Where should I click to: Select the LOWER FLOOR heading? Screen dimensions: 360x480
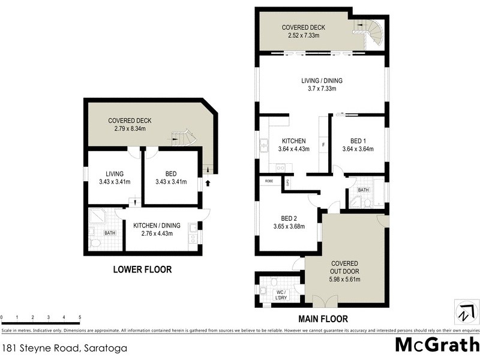(x=142, y=270)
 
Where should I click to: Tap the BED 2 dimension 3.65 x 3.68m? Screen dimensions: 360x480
(x=285, y=227)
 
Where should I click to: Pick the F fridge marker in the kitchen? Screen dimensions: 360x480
(x=324, y=145)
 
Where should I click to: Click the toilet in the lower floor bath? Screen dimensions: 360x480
(x=94, y=243)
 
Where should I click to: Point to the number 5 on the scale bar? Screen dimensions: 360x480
(x=79, y=318)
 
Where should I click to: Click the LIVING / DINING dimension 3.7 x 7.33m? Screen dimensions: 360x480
(x=319, y=88)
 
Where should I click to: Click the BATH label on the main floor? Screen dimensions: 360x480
(x=363, y=190)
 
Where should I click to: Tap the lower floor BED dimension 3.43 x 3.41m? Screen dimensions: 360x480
(x=170, y=182)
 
